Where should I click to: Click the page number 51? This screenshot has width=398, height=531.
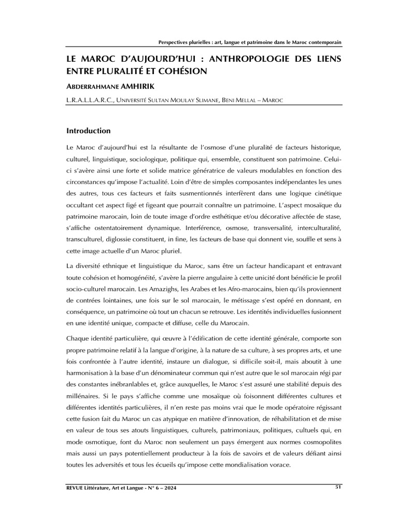(x=338, y=486)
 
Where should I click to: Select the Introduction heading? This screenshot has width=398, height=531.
(x=89, y=131)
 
